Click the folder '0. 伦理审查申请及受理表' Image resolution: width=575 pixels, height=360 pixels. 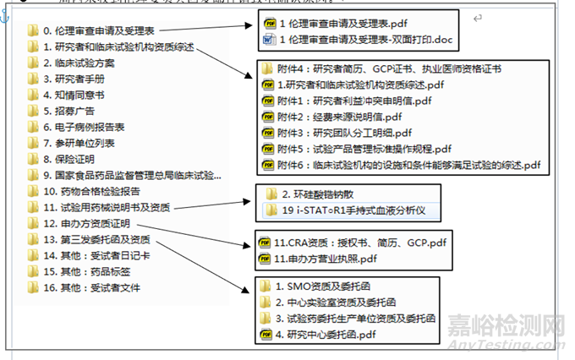pyautogui.click(x=97, y=31)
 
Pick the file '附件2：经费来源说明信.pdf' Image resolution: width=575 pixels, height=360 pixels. pyautogui.click(x=348, y=117)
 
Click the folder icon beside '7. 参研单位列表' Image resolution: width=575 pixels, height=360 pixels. pyautogui.click(x=33, y=143)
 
